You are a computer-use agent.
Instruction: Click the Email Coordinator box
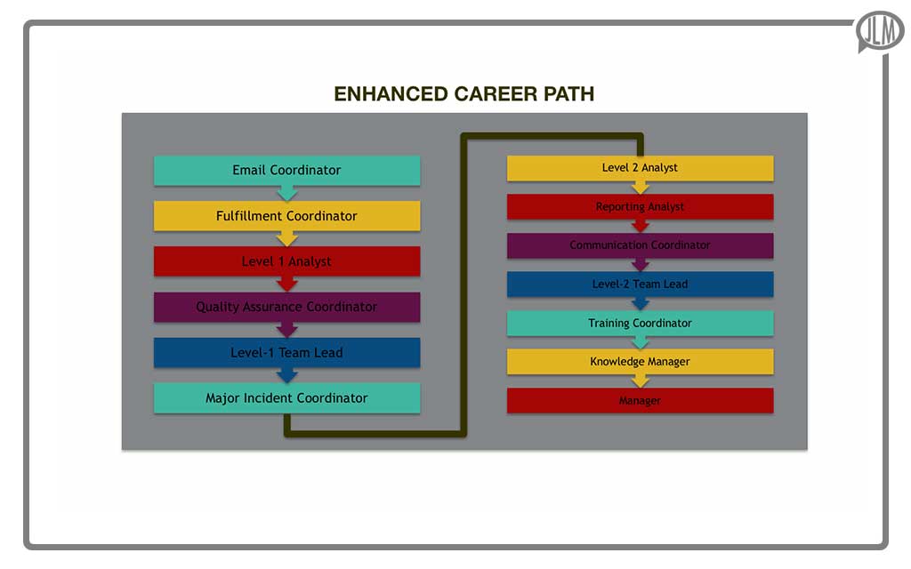(286, 170)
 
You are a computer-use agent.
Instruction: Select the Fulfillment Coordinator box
(286, 216)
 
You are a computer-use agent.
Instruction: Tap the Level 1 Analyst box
(286, 261)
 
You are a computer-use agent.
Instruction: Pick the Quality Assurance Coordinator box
(286, 307)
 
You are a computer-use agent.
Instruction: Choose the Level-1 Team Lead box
(286, 352)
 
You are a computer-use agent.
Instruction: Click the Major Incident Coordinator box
(286, 397)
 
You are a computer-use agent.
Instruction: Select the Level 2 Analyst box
(640, 167)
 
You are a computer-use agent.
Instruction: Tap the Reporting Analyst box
(640, 206)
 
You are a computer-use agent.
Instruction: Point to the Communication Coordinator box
(640, 245)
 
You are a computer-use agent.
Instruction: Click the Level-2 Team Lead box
(640, 284)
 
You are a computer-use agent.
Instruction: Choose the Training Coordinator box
(640, 323)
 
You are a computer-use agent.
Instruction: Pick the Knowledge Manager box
(640, 362)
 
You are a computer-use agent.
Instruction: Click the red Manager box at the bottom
(640, 401)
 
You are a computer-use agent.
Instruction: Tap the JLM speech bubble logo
(880, 31)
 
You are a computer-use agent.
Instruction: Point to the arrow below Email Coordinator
(286, 194)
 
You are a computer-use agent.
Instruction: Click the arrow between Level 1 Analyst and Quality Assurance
(286, 284)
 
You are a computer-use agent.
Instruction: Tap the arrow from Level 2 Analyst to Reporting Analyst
(640, 188)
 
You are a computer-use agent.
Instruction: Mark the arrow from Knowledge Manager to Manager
(640, 381)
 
